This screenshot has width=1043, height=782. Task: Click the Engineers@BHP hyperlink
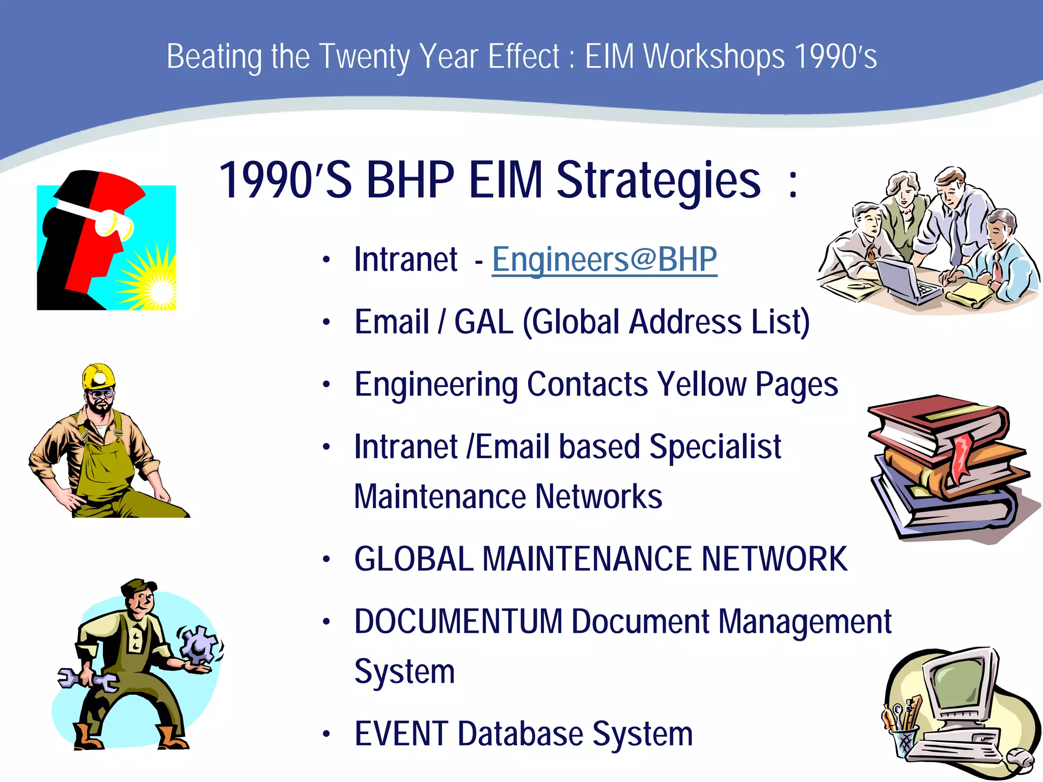tap(604, 260)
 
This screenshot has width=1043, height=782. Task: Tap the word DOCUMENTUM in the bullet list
tap(458, 622)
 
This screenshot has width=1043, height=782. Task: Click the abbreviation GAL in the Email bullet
tap(483, 322)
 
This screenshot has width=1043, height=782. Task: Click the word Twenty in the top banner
tap(364, 57)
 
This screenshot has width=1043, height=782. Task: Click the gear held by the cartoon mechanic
tap(197, 645)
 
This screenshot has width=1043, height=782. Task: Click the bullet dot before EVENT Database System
tap(326, 735)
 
